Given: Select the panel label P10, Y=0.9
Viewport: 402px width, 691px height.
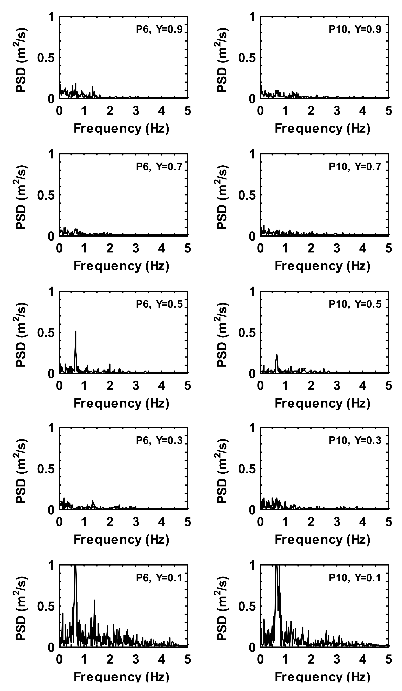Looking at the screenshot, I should click(x=355, y=29).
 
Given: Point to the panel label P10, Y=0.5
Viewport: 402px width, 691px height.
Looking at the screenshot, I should click(x=355, y=304).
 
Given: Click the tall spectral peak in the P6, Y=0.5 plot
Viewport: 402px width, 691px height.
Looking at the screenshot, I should click(x=76, y=332).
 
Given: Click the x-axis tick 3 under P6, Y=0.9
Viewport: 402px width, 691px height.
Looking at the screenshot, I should click(x=136, y=111).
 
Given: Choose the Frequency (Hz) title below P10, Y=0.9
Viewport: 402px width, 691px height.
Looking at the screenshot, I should click(x=322, y=128).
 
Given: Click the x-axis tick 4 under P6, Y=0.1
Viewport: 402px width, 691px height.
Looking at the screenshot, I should click(x=162, y=660).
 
